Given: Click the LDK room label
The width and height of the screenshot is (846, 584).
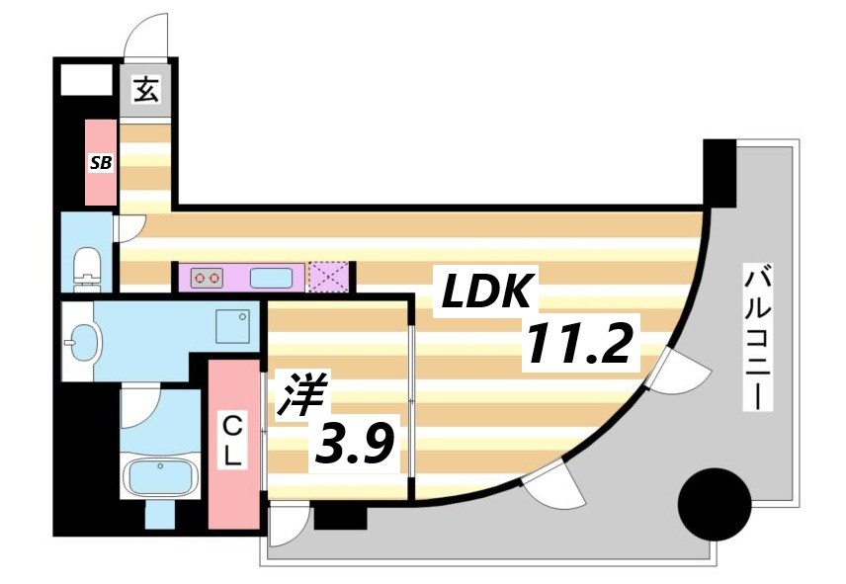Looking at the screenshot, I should coord(488,292).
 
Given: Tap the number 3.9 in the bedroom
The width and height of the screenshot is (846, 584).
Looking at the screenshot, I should coord(356,447).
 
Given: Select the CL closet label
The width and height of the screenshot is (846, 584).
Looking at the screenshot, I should coord(232,444).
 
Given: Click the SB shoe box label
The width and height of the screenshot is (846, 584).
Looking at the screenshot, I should coord(100,163).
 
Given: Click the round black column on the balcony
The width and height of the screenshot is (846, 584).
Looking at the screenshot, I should coord(713,505).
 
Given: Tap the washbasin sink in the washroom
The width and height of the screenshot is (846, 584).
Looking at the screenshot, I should coord(82,343).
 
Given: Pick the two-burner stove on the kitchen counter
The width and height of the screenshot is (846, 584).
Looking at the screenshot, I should coord(207,278).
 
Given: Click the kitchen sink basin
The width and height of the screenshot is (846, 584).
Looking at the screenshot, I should coord(271,278).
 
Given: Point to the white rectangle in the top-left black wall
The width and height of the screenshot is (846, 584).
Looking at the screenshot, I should coord(86,79).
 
